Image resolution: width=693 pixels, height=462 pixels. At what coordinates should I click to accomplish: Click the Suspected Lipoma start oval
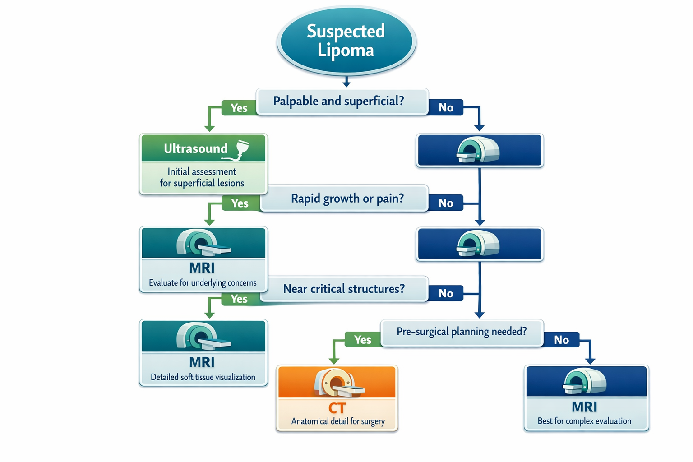[346, 41]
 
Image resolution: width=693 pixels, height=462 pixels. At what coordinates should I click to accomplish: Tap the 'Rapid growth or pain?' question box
[346, 199]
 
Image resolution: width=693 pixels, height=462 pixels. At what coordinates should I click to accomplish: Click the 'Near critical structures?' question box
[344, 289]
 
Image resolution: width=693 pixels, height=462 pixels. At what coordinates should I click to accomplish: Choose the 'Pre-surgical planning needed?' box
[462, 332]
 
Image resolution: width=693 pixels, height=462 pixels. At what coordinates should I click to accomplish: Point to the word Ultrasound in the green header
[195, 148]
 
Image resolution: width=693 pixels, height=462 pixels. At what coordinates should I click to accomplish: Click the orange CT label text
[337, 408]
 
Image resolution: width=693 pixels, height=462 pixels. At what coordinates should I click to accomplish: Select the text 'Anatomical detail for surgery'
[338, 421]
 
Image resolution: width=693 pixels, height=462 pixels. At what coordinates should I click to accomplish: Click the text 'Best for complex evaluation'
[584, 421]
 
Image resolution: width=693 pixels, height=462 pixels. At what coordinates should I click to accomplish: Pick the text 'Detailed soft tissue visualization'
[203, 377]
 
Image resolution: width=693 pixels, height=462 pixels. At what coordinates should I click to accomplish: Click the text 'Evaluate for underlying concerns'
[203, 283]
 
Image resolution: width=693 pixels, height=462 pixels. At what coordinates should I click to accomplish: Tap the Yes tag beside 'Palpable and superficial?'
[239, 108]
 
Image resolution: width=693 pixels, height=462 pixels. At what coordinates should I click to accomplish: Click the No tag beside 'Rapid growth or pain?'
[446, 203]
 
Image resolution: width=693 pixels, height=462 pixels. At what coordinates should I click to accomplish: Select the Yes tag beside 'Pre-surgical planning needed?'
[362, 340]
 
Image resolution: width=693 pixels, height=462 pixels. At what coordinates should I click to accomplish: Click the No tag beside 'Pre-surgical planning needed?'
[561, 340]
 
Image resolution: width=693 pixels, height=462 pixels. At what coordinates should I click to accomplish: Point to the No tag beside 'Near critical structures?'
[446, 293]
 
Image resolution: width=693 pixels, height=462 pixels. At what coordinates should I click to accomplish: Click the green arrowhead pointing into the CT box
[334, 360]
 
